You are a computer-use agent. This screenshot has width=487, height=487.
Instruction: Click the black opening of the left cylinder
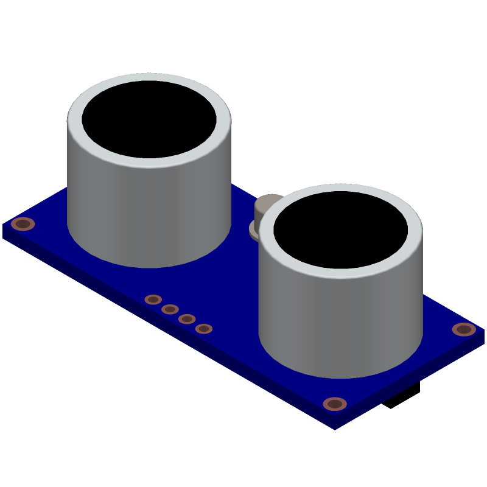(149, 119)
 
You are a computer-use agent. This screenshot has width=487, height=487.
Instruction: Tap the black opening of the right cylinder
(341, 229)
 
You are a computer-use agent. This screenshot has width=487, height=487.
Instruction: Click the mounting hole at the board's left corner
(23, 224)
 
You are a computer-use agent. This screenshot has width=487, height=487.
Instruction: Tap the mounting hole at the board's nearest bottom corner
(335, 404)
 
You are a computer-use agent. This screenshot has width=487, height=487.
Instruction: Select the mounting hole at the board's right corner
(464, 329)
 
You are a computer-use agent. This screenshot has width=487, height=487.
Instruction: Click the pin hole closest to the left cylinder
(153, 300)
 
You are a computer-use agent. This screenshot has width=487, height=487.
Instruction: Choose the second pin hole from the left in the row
(170, 309)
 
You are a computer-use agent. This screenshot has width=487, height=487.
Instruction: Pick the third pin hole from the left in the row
(187, 319)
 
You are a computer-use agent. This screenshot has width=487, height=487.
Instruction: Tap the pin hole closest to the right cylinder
(204, 329)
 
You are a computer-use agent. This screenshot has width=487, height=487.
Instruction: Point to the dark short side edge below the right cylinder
(414, 384)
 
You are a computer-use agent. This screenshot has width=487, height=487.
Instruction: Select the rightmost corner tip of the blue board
(484, 332)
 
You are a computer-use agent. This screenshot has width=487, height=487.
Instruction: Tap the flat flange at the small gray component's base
(253, 229)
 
